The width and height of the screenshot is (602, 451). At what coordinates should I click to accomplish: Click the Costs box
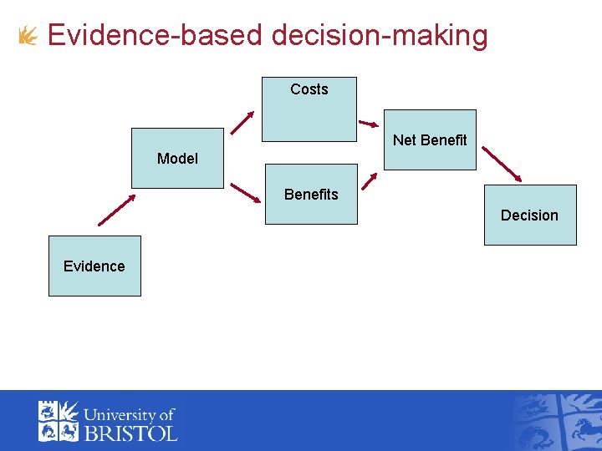(x=309, y=109)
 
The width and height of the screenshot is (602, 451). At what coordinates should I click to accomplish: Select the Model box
(x=177, y=158)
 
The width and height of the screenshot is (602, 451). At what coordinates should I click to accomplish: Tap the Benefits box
(x=311, y=194)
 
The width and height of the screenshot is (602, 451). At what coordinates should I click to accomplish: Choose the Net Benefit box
(x=430, y=139)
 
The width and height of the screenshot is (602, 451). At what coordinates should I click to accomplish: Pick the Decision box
(x=530, y=215)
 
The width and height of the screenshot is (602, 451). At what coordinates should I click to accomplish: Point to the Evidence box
(x=94, y=266)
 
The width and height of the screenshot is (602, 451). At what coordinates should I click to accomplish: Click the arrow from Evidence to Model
(x=116, y=210)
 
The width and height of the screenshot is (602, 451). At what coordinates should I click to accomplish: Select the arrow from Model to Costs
(x=242, y=122)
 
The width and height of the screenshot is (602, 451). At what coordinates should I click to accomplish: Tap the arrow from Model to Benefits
(x=246, y=193)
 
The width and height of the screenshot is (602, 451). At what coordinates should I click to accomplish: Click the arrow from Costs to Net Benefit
(x=369, y=124)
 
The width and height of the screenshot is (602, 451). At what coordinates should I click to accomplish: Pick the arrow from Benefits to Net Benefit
(x=369, y=181)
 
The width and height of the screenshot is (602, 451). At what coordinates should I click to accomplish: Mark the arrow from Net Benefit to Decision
(x=503, y=165)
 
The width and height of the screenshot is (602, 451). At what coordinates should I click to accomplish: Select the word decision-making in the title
(x=380, y=36)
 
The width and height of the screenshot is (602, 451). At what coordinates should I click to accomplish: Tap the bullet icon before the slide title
(x=28, y=36)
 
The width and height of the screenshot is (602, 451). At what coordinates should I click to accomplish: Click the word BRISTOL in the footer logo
(x=130, y=433)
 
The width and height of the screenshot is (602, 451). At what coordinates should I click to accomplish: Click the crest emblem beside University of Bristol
(x=58, y=421)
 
